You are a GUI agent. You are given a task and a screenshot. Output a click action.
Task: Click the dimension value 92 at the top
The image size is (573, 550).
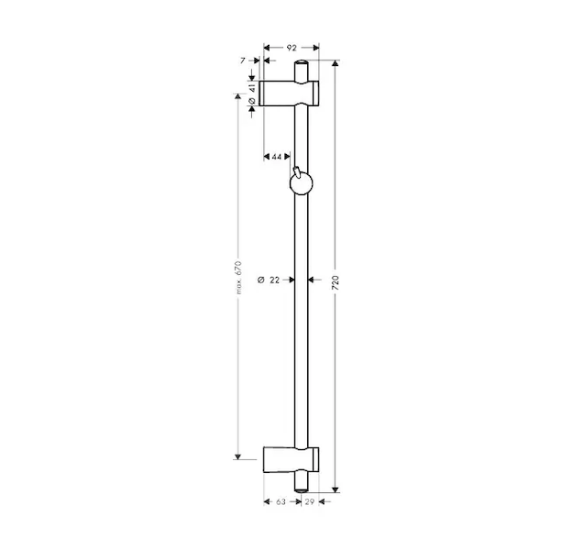click(292, 48)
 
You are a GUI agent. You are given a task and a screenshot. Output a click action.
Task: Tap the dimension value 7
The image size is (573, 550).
click(243, 60)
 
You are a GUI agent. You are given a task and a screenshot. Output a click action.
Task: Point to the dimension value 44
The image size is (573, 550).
click(277, 157)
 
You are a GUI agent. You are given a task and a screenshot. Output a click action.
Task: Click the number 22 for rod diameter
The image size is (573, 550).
click(274, 280)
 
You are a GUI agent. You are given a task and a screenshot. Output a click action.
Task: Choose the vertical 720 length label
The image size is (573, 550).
click(336, 283)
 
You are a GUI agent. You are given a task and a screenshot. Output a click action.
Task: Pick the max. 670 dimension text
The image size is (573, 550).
click(238, 278)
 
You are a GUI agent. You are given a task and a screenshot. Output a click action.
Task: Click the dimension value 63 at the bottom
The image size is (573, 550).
click(281, 501)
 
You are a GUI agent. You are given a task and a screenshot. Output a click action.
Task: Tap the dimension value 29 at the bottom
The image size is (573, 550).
click(310, 501)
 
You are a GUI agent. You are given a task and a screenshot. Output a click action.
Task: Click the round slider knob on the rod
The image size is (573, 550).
click(301, 184)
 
